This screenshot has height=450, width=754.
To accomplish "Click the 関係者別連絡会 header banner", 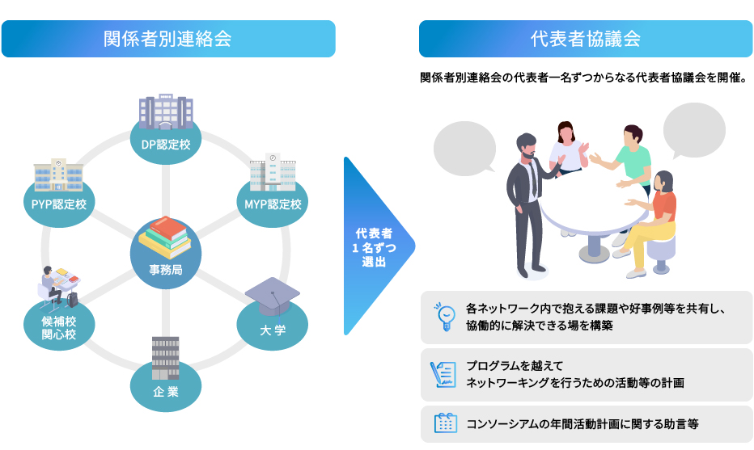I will pos(167,39).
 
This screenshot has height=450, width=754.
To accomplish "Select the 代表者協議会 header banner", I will pos(585,39).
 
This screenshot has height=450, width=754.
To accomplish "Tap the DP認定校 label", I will pos(166,145).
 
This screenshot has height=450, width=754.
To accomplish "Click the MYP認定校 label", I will pos(273,204).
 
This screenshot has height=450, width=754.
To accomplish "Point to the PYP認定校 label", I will pos(59,204).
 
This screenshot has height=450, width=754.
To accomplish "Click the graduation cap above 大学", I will pos(273,296).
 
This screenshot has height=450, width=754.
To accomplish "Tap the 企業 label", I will pos(166,393).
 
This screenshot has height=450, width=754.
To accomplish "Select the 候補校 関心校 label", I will pos(59,328).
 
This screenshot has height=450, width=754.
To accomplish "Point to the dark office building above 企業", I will pos(165,356).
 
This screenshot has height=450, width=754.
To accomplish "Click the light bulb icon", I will pos(444,317).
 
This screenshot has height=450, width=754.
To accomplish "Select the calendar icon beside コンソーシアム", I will pos(445,423).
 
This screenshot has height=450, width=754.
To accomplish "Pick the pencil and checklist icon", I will pos(444,374).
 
